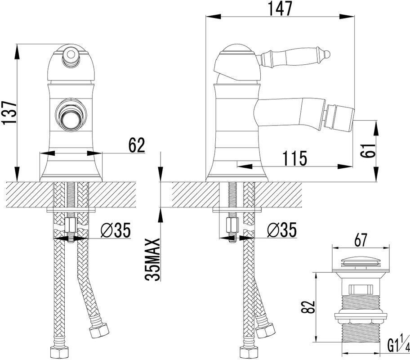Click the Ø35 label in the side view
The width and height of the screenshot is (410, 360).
click(281, 231)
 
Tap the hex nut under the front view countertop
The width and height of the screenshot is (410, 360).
click(70, 223)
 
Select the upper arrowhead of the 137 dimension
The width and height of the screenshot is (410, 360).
click(17, 49)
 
